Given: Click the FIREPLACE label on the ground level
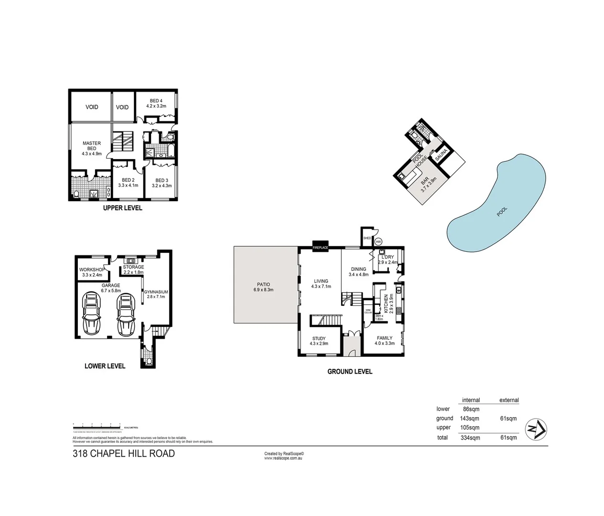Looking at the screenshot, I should pos(320,248).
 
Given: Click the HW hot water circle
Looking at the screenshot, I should pos(378,242).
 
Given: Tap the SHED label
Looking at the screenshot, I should pos(367,238).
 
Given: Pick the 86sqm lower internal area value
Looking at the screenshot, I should pos(471,409).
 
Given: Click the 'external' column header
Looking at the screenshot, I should pos(508,400).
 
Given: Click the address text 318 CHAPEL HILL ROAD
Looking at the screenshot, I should pos(124,453).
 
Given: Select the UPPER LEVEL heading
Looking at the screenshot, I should pos(123,208).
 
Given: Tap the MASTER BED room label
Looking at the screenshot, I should pos(92,146).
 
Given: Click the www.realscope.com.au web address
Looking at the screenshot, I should pos(283,458).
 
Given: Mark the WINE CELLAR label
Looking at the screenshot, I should pos(368,311).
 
